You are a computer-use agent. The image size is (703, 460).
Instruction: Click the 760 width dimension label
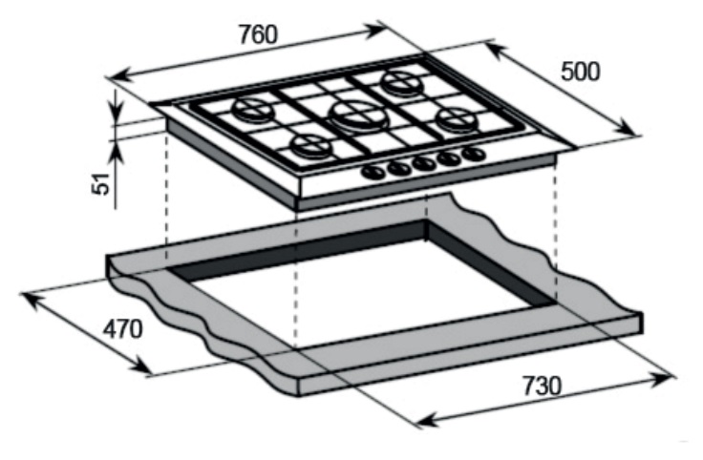click(x=257, y=34)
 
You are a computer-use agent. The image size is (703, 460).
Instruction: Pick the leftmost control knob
click(x=372, y=173)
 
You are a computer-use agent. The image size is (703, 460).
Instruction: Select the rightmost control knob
click(x=471, y=153)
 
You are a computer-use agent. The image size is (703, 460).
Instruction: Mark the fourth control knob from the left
click(x=447, y=157)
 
